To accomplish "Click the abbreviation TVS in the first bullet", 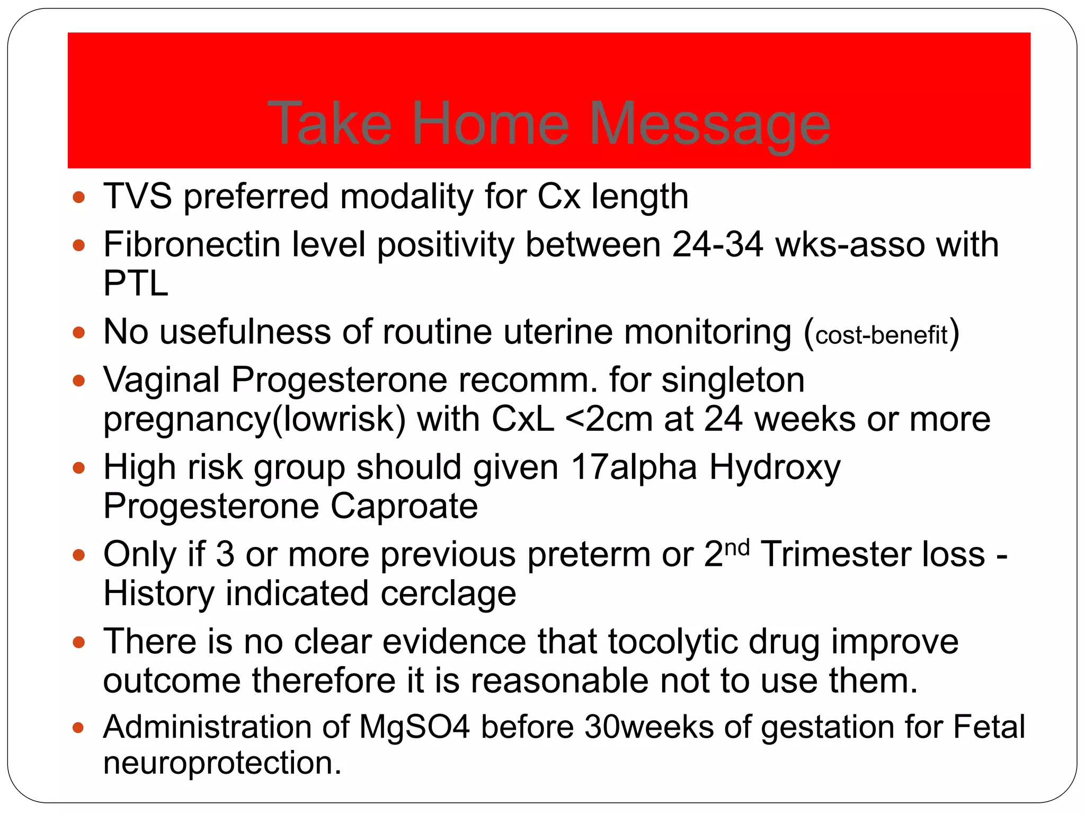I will pyautogui.click(x=137, y=197).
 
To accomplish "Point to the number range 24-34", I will pyautogui.click(x=718, y=245).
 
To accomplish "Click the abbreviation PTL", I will pyautogui.click(x=136, y=284).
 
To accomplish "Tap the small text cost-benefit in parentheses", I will pyautogui.click(x=881, y=335).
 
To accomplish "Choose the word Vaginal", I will pyautogui.click(x=162, y=381).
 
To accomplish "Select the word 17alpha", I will pyautogui.click(x=634, y=467).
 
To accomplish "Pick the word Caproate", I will pyautogui.click(x=404, y=506).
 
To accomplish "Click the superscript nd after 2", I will pyautogui.click(x=737, y=547).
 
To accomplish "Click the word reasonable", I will pyautogui.click(x=559, y=680).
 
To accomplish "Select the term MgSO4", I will pyautogui.click(x=414, y=727).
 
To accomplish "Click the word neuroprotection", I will pyautogui.click(x=222, y=763).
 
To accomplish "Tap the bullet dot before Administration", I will pyautogui.click(x=79, y=728).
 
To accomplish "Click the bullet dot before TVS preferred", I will pyautogui.click(x=79, y=198).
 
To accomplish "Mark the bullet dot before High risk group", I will pyautogui.click(x=79, y=468).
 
